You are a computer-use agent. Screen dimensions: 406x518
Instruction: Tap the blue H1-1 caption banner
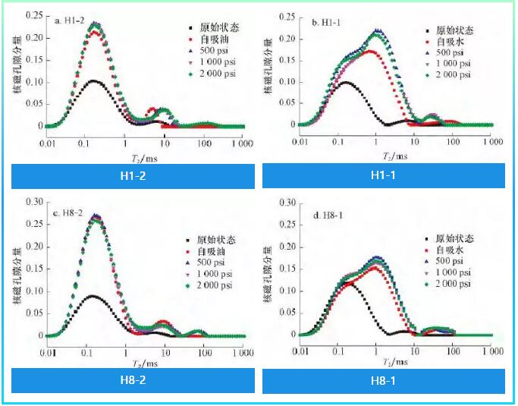click(383, 176)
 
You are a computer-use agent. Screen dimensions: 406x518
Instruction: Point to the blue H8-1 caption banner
click(383, 381)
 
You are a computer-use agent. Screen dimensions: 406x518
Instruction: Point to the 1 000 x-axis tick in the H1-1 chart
click(492, 142)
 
